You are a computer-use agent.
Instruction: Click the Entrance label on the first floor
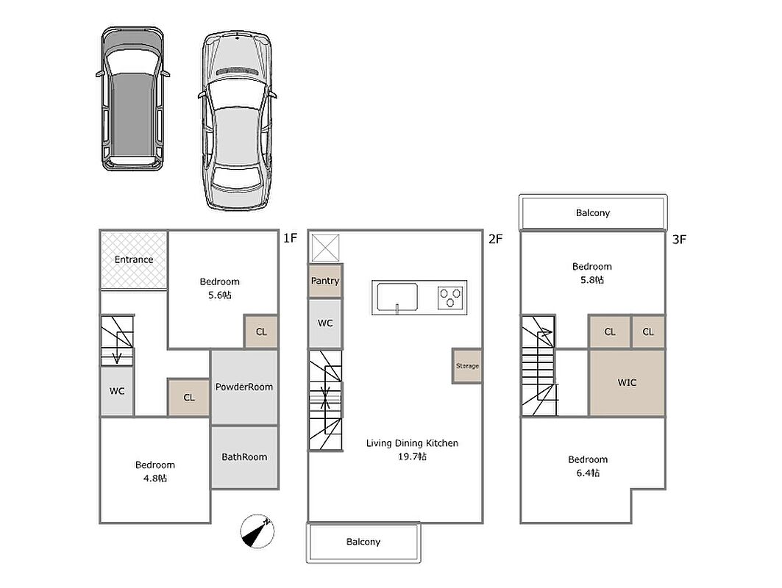pyautogui.click(x=134, y=259)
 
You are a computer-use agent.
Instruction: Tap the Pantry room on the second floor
pyautogui.click(x=325, y=281)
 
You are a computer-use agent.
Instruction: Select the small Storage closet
pyautogui.click(x=467, y=366)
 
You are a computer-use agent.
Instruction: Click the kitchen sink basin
pyautogui.click(x=397, y=298)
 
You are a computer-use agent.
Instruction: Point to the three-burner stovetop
pyautogui.click(x=450, y=298)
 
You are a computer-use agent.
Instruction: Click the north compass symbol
pyautogui.click(x=257, y=531)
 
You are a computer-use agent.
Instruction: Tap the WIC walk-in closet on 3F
pyautogui.click(x=627, y=383)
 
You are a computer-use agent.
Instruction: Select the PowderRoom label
pyautogui.click(x=244, y=387)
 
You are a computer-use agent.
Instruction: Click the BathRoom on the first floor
pyautogui.click(x=244, y=457)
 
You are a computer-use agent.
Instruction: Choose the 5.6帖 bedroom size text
pyautogui.click(x=219, y=295)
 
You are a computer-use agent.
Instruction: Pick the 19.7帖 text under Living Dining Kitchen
pyautogui.click(x=412, y=456)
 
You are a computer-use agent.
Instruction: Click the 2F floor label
pyautogui.click(x=495, y=239)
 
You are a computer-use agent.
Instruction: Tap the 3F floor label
pyautogui.click(x=679, y=240)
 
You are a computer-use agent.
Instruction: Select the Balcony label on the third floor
pyautogui.click(x=593, y=212)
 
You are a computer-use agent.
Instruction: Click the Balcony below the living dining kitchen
pyautogui.click(x=363, y=542)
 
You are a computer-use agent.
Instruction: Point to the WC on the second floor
pyautogui.click(x=325, y=323)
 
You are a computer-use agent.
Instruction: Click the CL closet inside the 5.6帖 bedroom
pyautogui.click(x=261, y=332)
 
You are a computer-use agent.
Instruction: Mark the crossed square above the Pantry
pyautogui.click(x=326, y=248)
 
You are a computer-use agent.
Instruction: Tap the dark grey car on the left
pyautogui.click(x=132, y=98)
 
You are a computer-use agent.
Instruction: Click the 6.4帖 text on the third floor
pyautogui.click(x=588, y=473)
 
